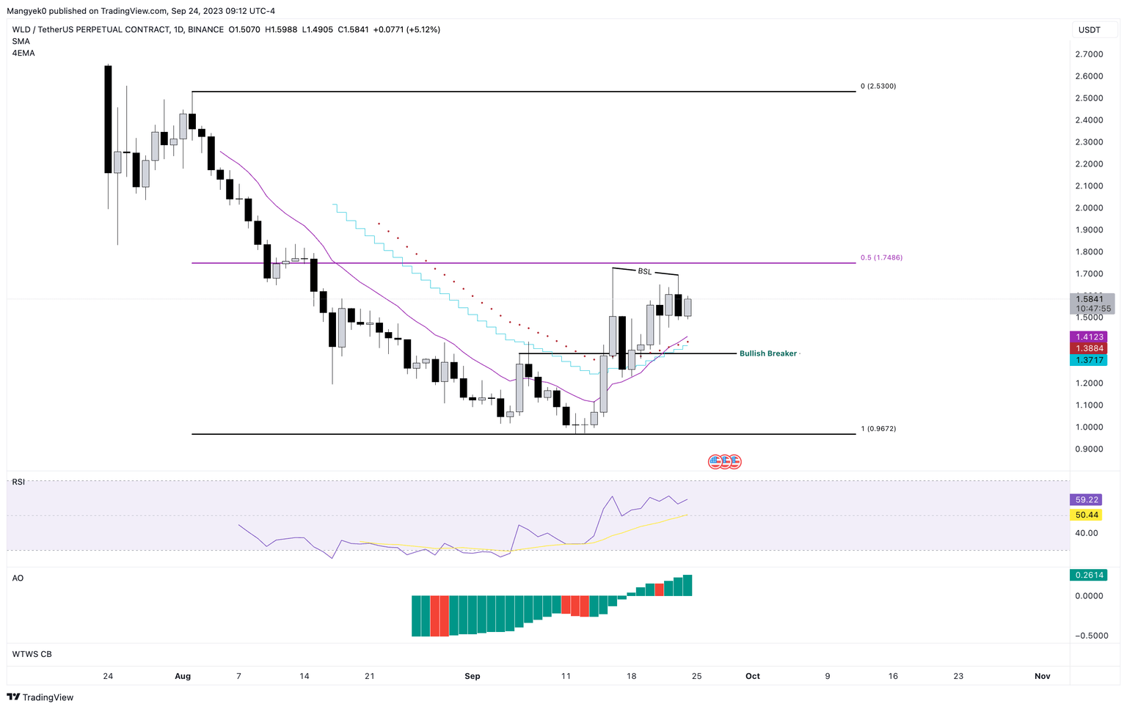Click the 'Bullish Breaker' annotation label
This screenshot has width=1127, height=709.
point(767,353)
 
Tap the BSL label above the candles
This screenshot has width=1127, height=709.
point(644,272)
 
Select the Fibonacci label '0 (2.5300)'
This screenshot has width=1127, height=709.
point(878,87)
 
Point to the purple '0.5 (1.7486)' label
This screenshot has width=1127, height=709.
point(881,258)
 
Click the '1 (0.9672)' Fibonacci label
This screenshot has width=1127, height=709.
point(878,429)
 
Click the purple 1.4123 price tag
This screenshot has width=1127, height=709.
point(1089,337)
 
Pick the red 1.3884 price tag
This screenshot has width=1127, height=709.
point(1089,349)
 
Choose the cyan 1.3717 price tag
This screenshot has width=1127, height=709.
point(1089,360)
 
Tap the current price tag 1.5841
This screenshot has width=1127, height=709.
point(1090,299)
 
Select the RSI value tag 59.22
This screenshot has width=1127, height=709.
point(1086,500)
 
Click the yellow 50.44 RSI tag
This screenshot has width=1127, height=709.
point(1086,515)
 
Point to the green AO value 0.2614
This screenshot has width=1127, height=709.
point(1089,576)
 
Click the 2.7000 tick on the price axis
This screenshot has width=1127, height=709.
point(1089,54)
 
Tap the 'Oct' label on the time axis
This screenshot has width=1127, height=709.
point(752,676)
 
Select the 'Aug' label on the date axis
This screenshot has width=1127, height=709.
point(183,676)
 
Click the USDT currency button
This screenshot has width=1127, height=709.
point(1089,30)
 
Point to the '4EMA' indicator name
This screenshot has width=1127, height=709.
point(23,54)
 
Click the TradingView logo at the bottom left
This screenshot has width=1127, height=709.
point(41,697)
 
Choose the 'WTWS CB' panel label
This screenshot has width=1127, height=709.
point(32,654)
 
